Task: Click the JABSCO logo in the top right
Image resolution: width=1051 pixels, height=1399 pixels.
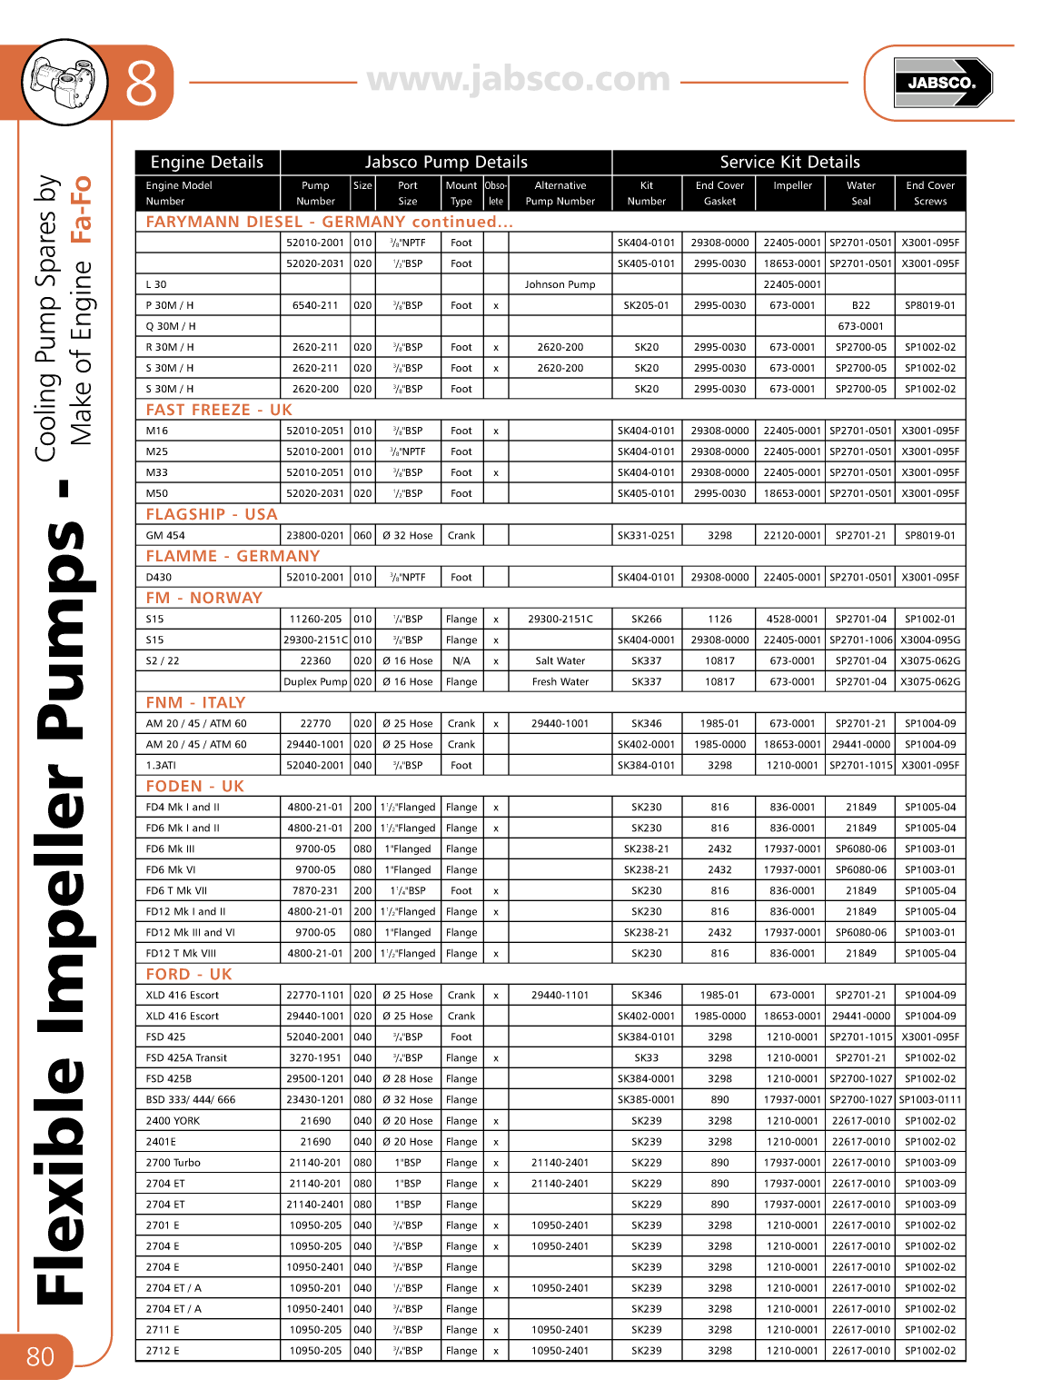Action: pos(942,83)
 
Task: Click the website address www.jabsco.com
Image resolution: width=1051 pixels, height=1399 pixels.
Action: pos(519,80)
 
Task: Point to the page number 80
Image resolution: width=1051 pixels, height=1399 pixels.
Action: pos(40,1357)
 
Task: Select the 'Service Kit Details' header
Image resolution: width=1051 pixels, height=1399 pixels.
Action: pos(789,163)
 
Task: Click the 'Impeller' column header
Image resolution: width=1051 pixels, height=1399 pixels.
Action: pos(792,185)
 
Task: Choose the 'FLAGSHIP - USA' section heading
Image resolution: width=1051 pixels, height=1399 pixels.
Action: pos(212,514)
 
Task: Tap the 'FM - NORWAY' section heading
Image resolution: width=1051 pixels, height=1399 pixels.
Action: pos(204,598)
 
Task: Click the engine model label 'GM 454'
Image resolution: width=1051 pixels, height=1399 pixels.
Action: pos(165,536)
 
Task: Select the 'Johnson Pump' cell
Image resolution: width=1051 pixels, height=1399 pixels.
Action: pos(560,284)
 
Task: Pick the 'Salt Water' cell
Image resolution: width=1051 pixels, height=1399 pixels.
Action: pos(560,661)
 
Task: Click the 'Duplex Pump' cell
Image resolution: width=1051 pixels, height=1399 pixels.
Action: pos(315,682)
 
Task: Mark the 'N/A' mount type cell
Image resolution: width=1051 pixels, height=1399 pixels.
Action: pos(461,661)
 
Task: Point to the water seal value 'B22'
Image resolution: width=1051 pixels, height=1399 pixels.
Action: pos(860,305)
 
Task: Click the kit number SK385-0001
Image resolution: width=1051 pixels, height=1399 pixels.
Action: pos(646,1100)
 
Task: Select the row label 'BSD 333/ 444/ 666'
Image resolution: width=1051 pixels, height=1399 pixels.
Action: pos(191,1100)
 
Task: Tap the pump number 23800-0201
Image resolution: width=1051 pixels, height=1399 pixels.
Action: pos(315,536)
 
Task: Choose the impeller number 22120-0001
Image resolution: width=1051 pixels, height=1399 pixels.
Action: pos(792,536)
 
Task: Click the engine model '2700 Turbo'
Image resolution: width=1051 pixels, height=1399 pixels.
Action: pos(174,1163)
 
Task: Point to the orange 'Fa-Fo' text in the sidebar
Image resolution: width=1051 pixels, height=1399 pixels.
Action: pos(82,209)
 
